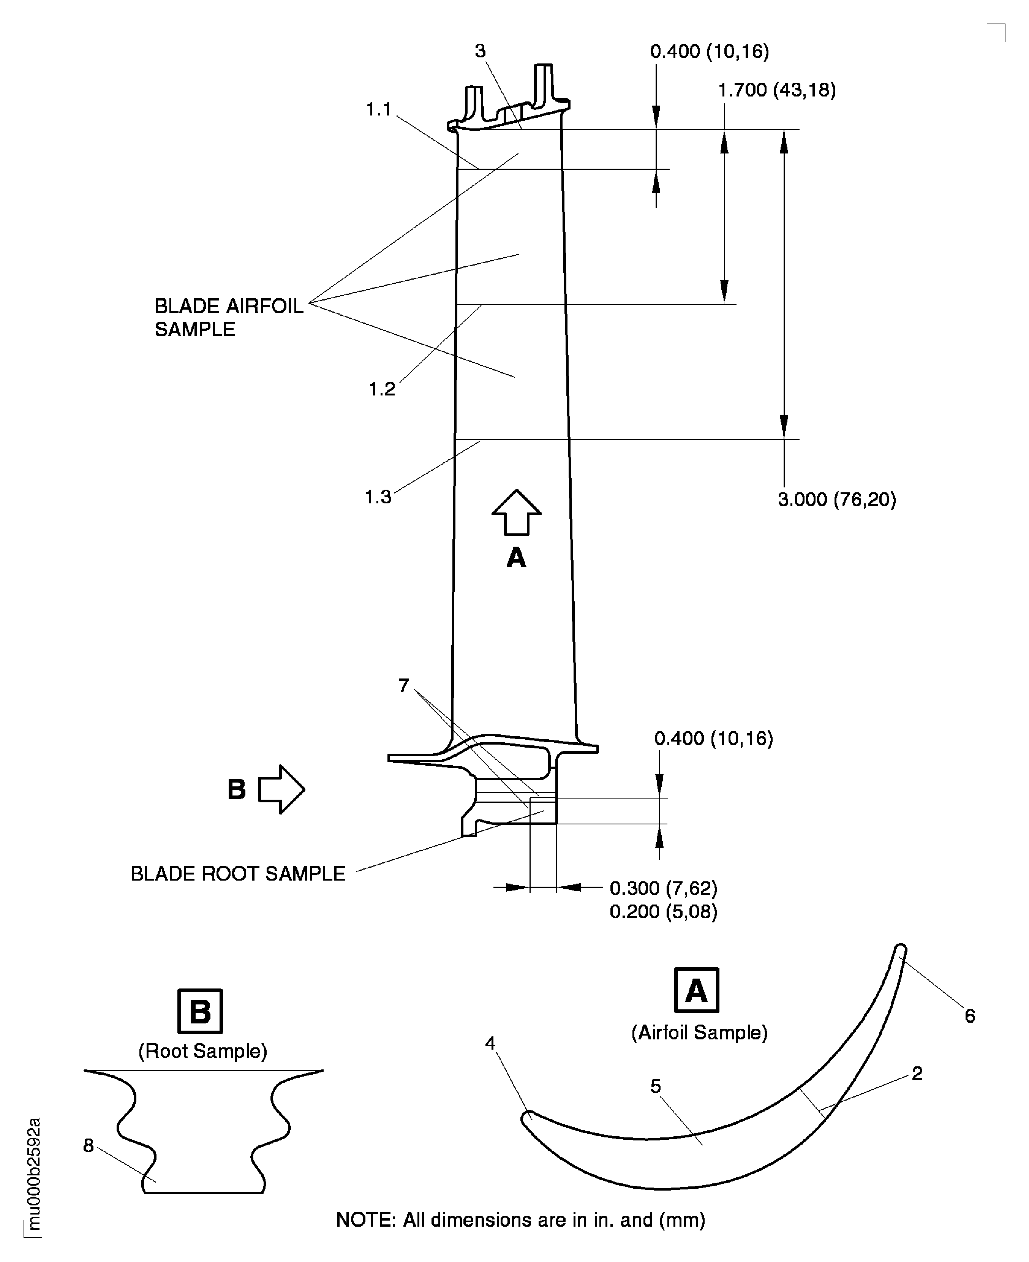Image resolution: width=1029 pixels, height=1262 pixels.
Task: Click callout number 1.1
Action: coord(378,110)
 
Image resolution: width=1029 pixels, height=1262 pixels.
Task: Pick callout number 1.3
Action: coord(378,497)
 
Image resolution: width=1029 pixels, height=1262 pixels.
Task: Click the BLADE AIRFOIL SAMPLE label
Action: coord(228,318)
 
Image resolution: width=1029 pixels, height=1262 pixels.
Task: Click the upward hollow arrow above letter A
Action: coord(516,512)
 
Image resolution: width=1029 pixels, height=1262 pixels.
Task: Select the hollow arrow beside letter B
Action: coord(281,789)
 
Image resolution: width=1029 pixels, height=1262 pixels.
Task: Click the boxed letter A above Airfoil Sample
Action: coord(697,990)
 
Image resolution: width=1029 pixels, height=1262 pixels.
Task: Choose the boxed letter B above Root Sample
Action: coord(200,1011)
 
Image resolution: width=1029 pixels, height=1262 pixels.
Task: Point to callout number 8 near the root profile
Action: coord(89,1146)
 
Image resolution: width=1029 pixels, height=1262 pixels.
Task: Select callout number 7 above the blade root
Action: coord(404,686)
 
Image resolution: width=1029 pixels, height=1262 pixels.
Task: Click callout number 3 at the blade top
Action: coord(480,52)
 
